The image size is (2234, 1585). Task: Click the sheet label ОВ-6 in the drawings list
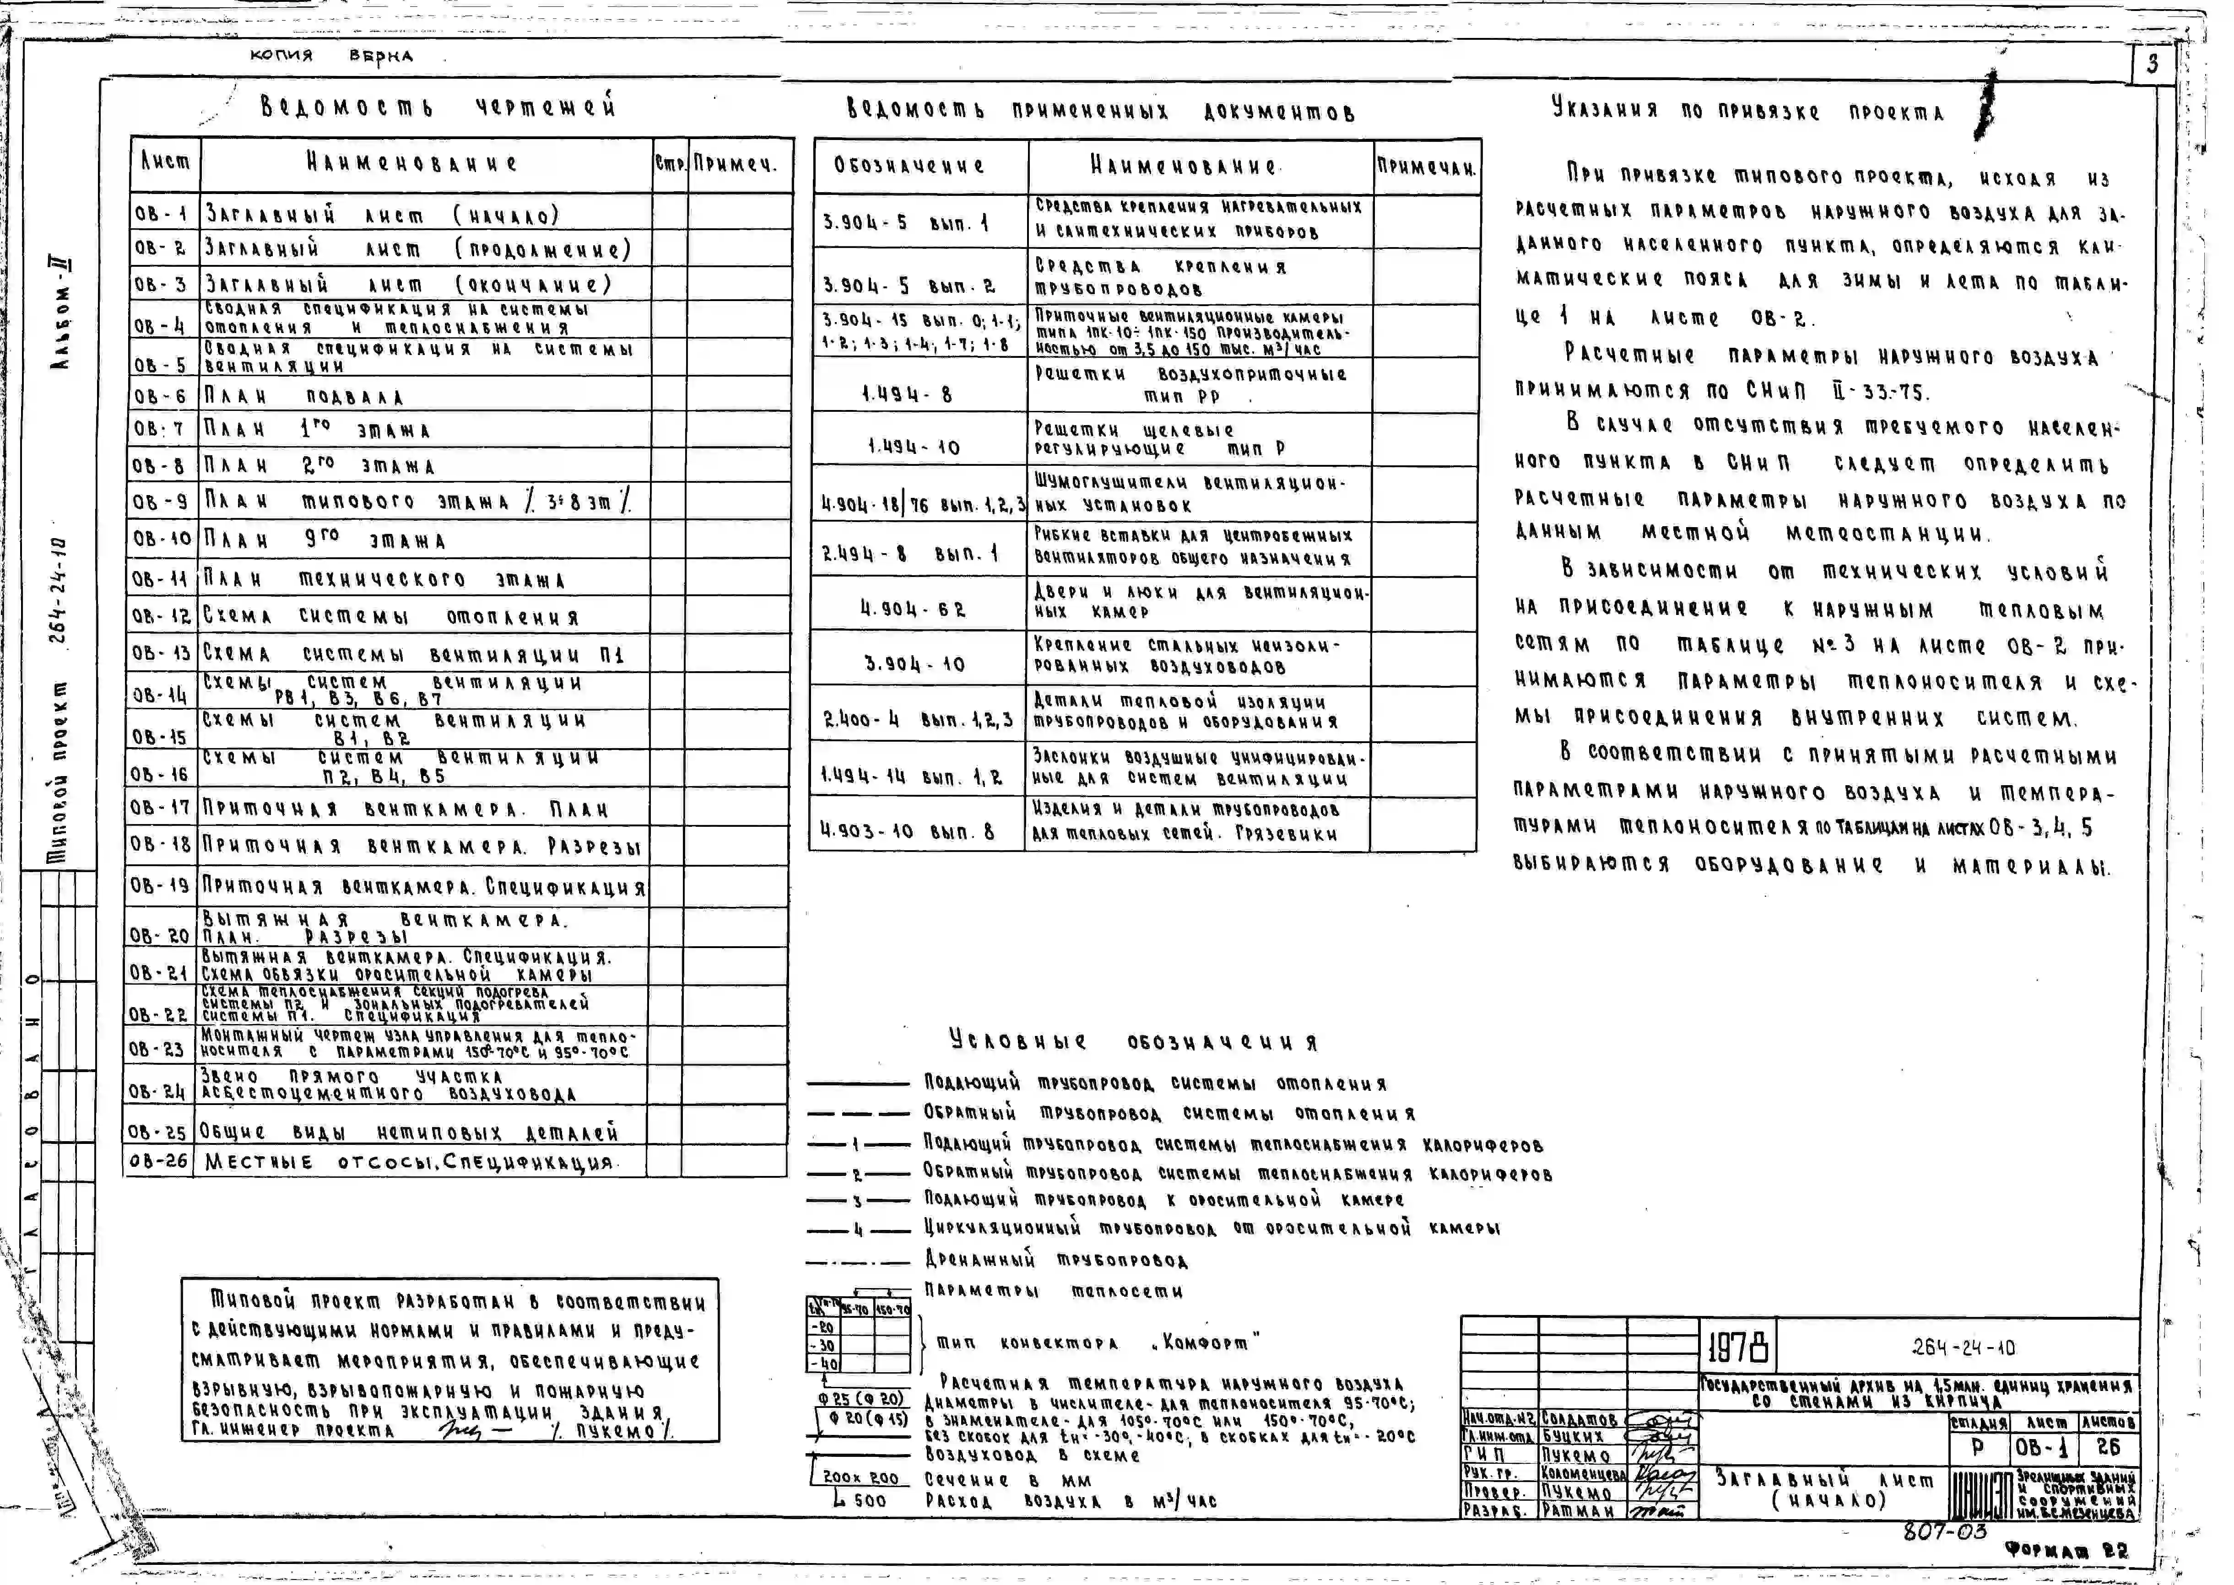161,396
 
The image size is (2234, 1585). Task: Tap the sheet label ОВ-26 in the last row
158,1161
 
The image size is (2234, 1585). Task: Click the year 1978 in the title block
1738,1348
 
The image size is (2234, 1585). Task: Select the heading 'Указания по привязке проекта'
1747,110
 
